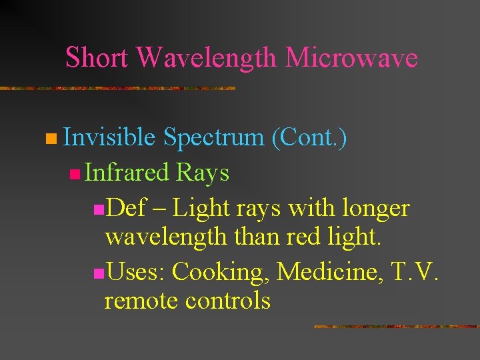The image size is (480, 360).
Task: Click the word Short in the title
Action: coord(98,57)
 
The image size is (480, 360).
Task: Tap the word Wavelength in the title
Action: coord(206,57)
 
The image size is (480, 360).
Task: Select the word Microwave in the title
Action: coord(351,57)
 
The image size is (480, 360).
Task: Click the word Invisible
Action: coord(109,137)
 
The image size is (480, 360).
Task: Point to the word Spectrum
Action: coord(213,138)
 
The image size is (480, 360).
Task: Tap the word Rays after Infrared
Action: coord(203,173)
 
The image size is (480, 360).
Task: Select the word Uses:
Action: coord(136,271)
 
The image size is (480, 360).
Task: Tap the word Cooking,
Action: coord(222,272)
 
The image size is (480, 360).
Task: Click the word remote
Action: coord(142,301)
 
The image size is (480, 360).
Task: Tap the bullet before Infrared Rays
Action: coord(74,175)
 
